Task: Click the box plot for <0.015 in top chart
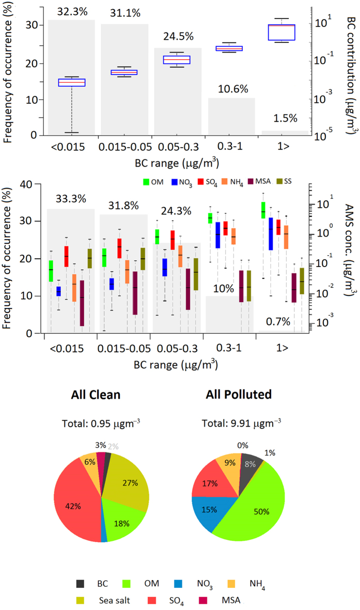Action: pos(71,82)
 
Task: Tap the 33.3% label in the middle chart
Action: pos(70,199)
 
